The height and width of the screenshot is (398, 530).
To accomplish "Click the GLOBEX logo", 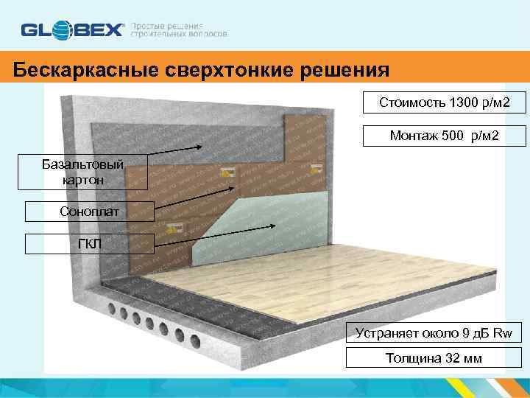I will coord(73,30).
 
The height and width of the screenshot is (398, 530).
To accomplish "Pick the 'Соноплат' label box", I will coord(89,212).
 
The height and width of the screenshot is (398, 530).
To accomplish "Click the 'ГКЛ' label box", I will coord(89,244).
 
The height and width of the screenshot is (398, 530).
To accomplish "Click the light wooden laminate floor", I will coord(294,295).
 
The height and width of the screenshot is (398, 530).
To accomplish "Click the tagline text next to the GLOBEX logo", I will coord(179,30).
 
